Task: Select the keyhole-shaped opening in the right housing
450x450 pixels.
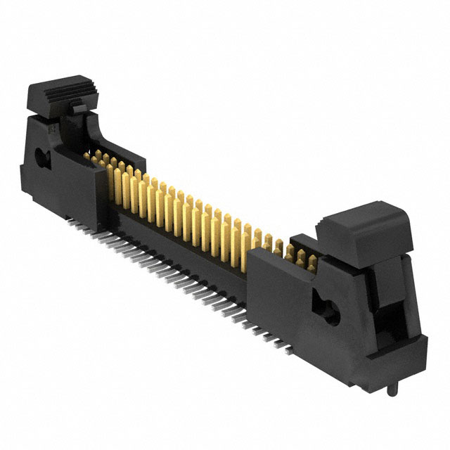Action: tap(328, 310)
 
